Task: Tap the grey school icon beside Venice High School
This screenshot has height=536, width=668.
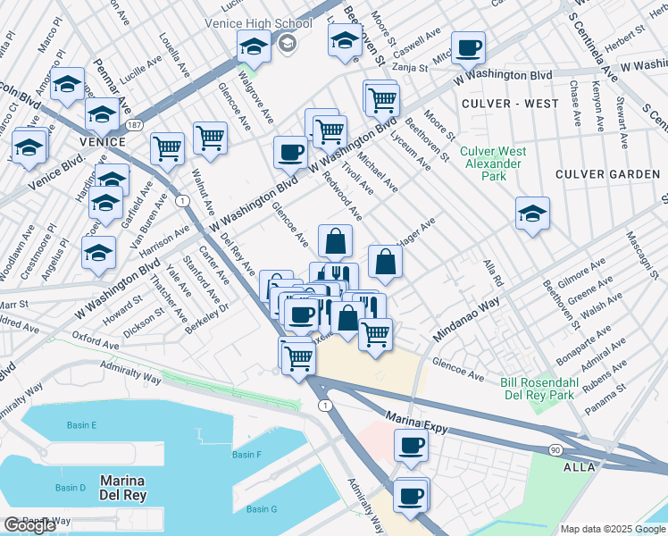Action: point(288,43)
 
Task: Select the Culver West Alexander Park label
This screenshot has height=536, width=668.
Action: point(491,163)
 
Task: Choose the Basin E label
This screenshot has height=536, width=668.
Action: point(81,425)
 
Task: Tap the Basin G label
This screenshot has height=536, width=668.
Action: point(262,509)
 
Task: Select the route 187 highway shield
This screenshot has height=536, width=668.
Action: point(134,124)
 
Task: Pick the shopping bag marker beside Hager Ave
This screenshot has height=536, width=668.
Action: point(385,263)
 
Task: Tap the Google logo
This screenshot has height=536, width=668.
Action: point(29,525)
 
